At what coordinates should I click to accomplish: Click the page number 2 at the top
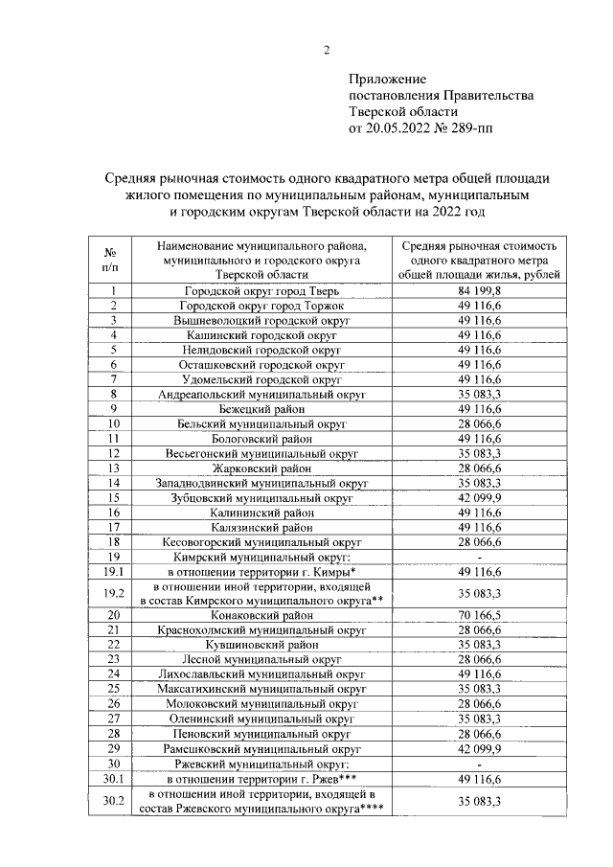click(326, 51)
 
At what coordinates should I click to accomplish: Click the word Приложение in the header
click(388, 79)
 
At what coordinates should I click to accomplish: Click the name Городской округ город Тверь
click(261, 290)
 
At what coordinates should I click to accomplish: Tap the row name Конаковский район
click(261, 614)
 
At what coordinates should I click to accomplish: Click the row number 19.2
click(113, 592)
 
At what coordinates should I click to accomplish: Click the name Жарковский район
click(261, 468)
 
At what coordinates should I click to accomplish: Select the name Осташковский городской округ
click(261, 364)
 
